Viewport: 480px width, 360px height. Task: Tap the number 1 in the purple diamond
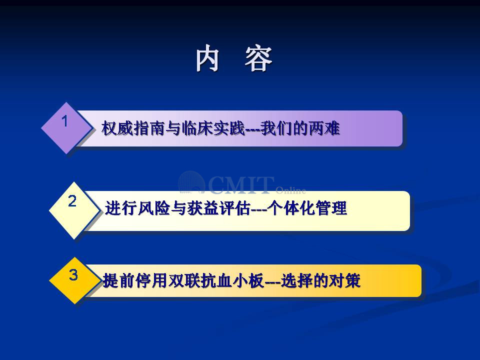[x=64, y=121]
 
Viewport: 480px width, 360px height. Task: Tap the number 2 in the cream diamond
[x=72, y=201]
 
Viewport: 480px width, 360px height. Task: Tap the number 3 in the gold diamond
[x=73, y=274]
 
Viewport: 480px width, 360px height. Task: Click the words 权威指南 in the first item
[x=133, y=128]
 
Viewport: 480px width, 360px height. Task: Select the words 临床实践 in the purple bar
[x=213, y=128]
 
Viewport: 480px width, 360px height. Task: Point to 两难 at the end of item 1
[x=324, y=128]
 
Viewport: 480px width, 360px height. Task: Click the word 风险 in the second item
[x=153, y=208]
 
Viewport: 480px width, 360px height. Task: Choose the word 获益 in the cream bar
[x=202, y=208]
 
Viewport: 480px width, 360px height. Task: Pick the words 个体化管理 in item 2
[x=306, y=208]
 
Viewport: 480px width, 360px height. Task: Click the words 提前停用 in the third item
[x=134, y=280]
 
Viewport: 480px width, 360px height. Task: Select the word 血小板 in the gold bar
[x=239, y=280]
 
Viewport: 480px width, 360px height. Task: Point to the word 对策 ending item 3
[x=344, y=280]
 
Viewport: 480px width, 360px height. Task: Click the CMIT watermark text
[x=241, y=185]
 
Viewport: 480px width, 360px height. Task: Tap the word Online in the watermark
[x=290, y=190]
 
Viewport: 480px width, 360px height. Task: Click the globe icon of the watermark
[x=191, y=183]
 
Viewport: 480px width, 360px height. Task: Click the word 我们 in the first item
[x=276, y=128]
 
